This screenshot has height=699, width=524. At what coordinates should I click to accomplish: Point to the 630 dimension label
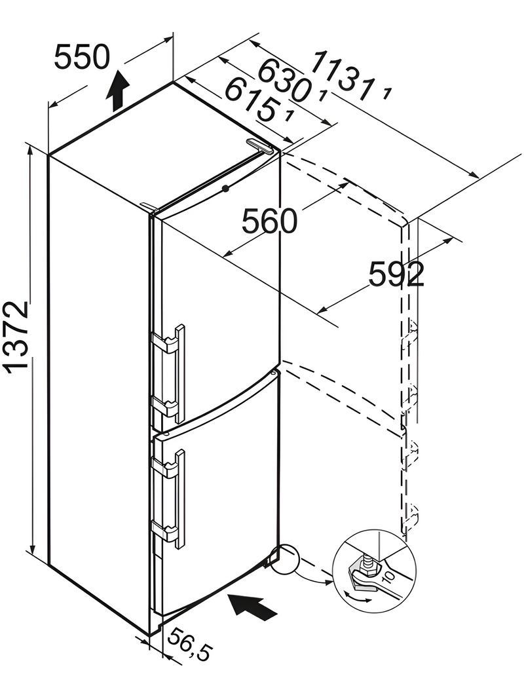coord(281,80)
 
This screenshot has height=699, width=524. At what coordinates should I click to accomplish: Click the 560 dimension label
coord(269,221)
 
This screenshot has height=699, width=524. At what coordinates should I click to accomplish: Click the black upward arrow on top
coord(118,92)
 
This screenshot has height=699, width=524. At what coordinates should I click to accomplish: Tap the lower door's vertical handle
coord(181,498)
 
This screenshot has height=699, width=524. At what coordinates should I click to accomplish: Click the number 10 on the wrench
coord(388,578)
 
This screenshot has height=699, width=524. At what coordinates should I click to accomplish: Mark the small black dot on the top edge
coord(225,189)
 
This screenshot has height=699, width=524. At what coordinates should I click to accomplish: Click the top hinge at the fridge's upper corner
coord(259,145)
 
